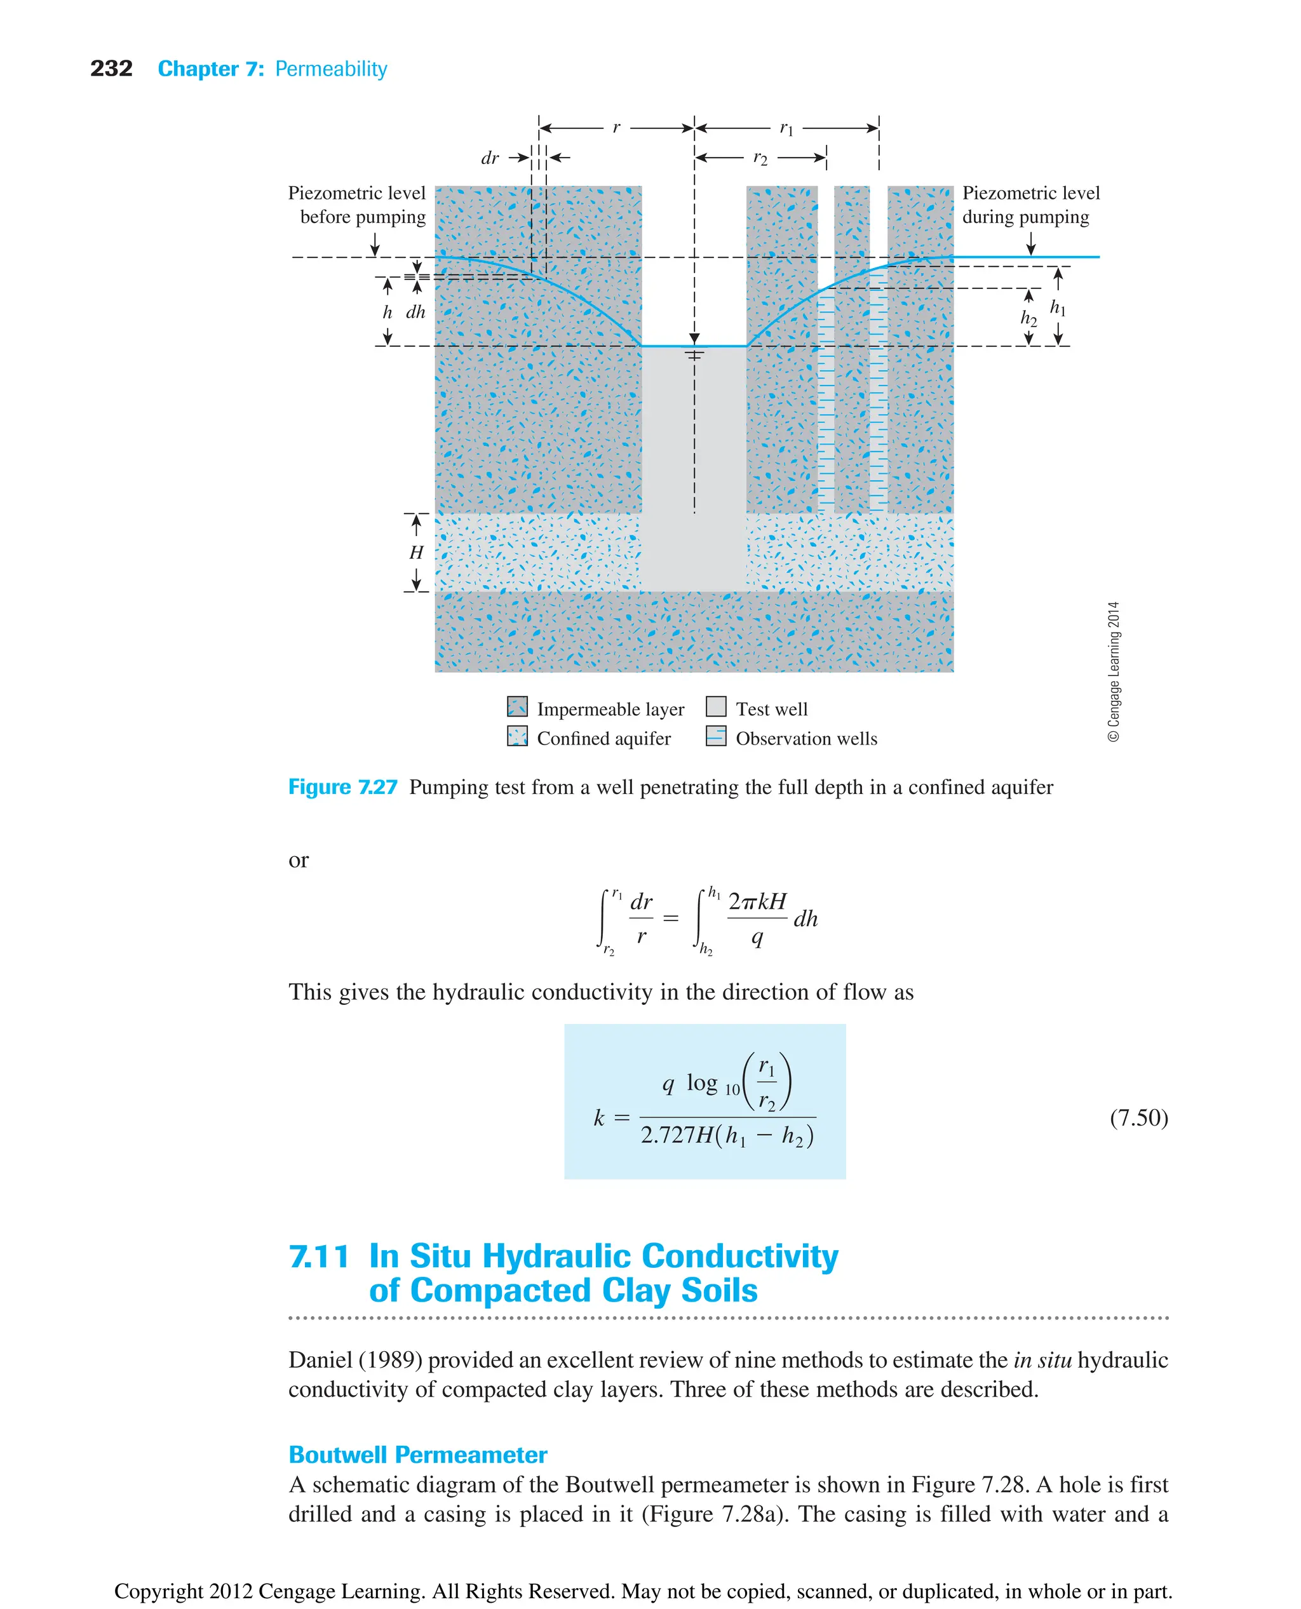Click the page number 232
(111, 69)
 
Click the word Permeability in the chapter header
(330, 69)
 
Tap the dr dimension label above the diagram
(489, 158)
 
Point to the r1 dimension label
(785, 128)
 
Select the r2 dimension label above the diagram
(760, 158)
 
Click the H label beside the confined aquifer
(416, 553)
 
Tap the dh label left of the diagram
(415, 312)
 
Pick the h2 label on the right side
(1028, 318)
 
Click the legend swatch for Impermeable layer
(517, 707)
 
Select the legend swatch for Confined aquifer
(517, 736)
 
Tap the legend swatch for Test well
(716, 707)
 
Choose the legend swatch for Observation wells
(716, 736)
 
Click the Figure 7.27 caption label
(342, 787)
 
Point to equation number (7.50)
(1138, 1117)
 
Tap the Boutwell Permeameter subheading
(417, 1455)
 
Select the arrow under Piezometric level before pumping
(375, 245)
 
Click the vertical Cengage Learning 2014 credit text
(1114, 671)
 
